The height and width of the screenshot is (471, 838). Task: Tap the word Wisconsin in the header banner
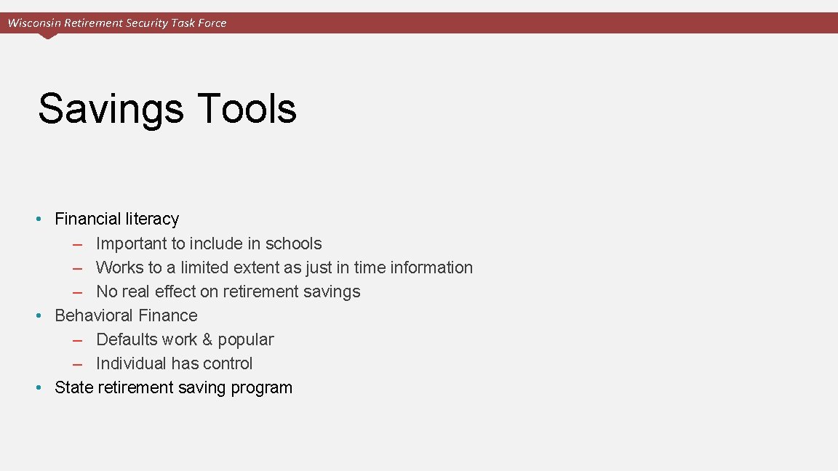(34, 23)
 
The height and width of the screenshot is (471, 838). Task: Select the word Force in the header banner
(212, 23)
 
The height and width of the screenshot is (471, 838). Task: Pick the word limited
(204, 267)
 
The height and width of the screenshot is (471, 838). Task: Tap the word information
(431, 267)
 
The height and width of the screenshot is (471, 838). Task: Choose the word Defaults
(126, 339)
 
